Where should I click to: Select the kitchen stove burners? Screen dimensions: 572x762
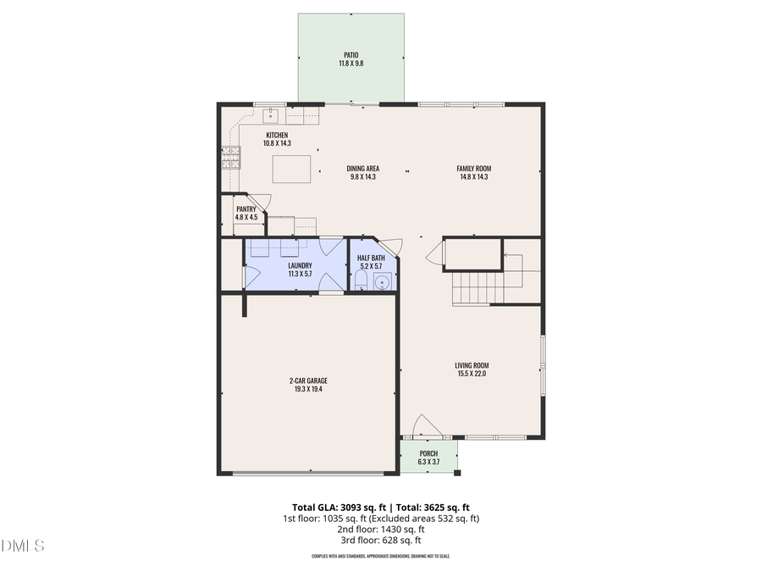[x=229, y=158]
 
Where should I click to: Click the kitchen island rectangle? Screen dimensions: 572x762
[x=290, y=169]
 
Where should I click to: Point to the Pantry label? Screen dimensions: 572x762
[x=246, y=208]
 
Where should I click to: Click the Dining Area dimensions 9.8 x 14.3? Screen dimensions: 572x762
[x=362, y=177]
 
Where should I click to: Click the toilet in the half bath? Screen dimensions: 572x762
[x=361, y=280]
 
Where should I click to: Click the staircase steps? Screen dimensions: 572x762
[x=478, y=287]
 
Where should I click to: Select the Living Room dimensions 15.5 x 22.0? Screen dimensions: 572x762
[x=471, y=374]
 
